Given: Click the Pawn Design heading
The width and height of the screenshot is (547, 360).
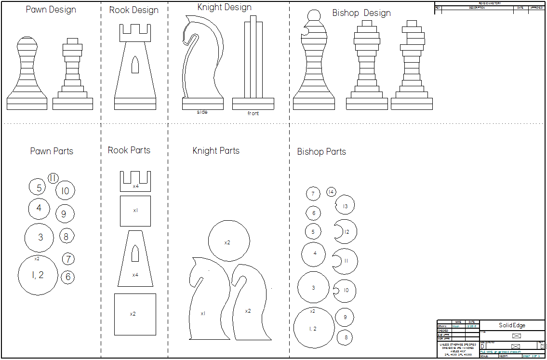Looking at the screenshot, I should [51, 10].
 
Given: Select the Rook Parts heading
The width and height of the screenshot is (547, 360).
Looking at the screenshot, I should [129, 150].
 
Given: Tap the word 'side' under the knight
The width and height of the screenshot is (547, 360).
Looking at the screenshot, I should [202, 112].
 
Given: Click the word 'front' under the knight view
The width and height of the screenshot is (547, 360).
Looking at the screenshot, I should [253, 113].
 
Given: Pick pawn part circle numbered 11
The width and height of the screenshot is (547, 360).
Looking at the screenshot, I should [53, 178].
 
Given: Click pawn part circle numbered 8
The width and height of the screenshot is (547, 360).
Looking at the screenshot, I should [67, 237].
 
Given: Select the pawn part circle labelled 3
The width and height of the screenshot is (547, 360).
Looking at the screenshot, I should [40, 237].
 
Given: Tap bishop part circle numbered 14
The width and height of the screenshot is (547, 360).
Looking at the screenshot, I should [331, 192].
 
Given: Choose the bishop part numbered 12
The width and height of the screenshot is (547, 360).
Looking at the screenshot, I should [346, 232].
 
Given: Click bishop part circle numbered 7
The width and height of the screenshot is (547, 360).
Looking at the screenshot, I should [313, 194].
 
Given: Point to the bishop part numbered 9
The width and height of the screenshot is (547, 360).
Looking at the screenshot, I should [345, 317].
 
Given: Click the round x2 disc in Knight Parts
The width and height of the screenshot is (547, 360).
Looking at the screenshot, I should [229, 241].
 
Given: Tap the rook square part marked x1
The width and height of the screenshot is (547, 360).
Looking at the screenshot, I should [135, 211].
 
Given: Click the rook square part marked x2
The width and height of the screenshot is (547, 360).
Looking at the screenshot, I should [135, 314].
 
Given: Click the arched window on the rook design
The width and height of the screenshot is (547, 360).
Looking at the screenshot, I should [135, 65].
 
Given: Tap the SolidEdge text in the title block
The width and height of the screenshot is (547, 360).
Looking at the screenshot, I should [512, 325].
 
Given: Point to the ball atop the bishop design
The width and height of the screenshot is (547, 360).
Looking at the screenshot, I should [314, 16].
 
